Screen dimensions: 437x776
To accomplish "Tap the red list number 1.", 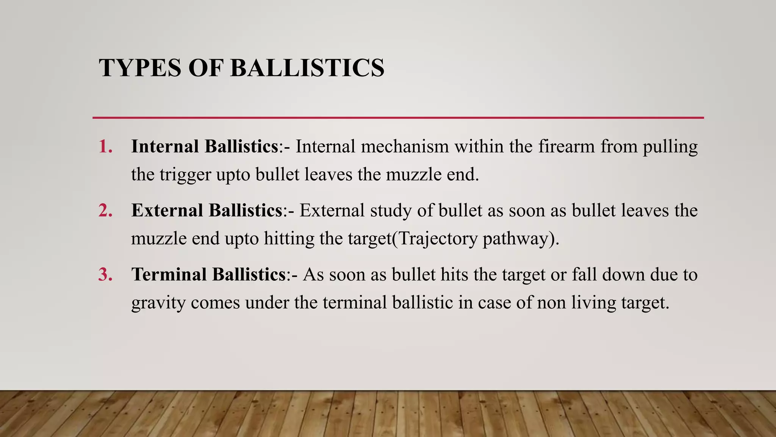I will coord(105,146).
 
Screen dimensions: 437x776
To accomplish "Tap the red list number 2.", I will coord(105,211).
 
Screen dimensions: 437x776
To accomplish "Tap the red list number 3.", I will coord(105,275).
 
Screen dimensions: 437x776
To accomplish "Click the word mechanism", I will coord(405,146).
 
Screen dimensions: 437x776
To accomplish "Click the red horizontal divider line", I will coord(398,118).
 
